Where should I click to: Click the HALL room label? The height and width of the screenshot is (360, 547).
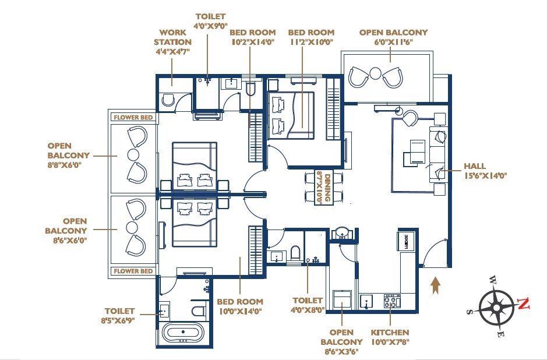click(474, 166)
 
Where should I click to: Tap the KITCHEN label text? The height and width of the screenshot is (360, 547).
click(390, 333)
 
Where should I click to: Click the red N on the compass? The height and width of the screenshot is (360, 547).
click(524, 303)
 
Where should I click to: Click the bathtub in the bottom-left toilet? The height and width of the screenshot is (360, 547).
click(183, 334)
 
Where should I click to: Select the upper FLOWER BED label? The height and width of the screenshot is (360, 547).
click(133, 118)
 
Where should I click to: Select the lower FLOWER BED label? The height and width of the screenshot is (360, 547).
click(133, 271)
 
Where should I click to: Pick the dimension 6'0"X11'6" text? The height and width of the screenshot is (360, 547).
click(393, 43)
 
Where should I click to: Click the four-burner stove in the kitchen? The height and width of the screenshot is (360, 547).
click(392, 301)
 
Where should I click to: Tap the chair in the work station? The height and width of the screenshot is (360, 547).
click(168, 100)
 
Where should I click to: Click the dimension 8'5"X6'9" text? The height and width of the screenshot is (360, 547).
click(119, 320)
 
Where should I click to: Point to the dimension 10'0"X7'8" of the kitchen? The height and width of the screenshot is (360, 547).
click(390, 342)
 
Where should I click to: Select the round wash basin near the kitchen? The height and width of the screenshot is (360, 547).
click(342, 233)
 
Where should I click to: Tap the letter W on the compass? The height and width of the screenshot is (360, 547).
click(493, 278)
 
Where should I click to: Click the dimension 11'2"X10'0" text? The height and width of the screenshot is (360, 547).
click(311, 43)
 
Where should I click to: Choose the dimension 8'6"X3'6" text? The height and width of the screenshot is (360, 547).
click(341, 351)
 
